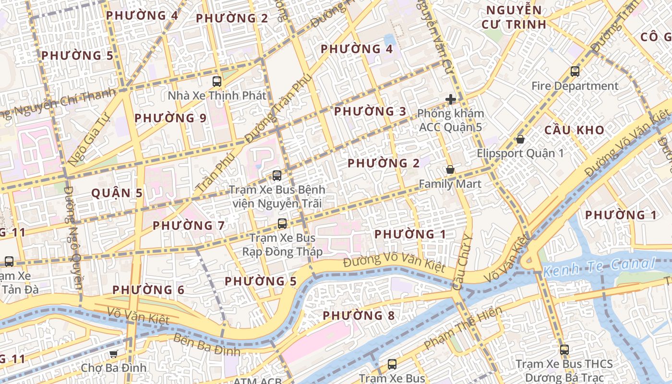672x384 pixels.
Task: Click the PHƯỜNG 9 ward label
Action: coord(170,118)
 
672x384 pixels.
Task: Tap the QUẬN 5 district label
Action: coord(117,193)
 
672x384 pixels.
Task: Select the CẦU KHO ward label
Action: coord(574,130)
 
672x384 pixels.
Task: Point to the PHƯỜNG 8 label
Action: coord(359,315)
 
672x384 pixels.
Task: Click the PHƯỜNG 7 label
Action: coord(189,225)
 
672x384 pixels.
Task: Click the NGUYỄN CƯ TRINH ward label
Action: coord(514,17)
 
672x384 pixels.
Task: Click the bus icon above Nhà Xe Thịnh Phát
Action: coord(217,81)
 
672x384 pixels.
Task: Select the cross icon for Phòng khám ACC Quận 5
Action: coord(450,99)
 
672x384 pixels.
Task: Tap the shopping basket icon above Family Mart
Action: coord(450,169)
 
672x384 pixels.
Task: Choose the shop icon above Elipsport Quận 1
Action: coord(520,140)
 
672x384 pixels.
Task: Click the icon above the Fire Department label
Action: coord(575,72)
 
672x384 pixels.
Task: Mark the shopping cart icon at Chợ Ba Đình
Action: coord(113,354)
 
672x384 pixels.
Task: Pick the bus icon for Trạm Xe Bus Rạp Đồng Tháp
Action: coord(282,224)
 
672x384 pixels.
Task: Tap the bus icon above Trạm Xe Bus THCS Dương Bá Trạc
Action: coord(564,350)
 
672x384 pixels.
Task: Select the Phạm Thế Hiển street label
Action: coord(463,328)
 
